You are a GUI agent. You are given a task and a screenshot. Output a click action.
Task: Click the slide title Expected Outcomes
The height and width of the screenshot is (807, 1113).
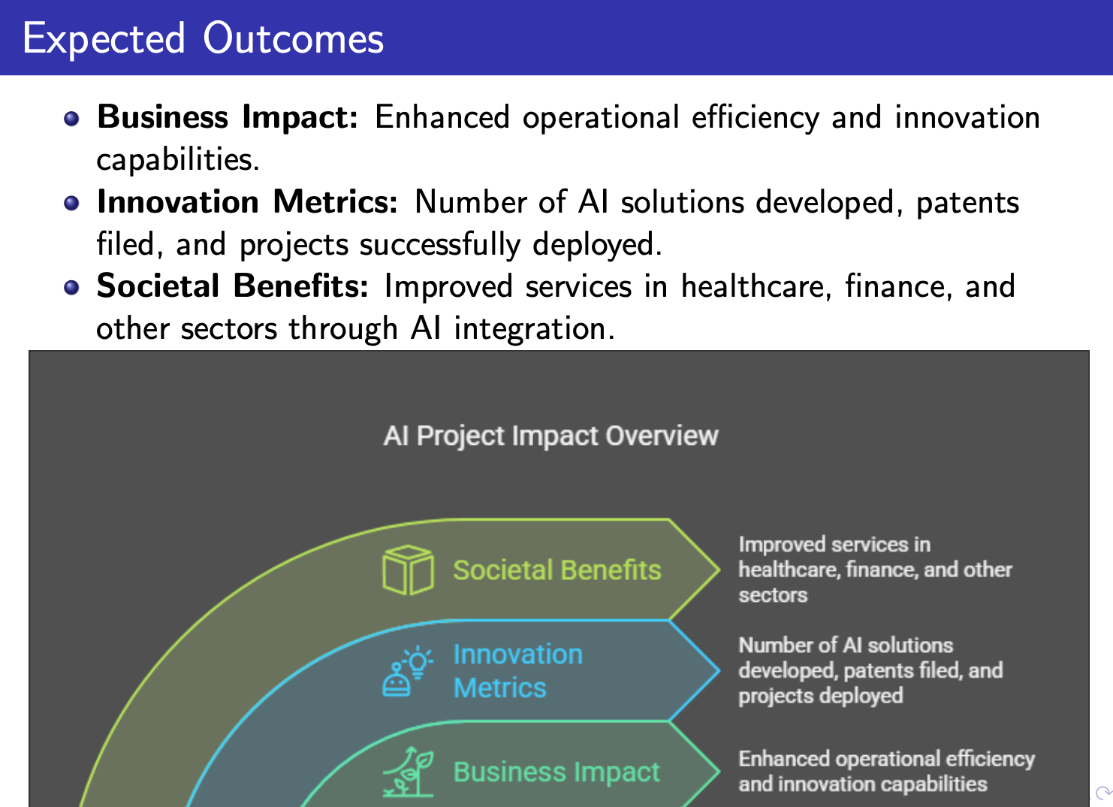coord(204,39)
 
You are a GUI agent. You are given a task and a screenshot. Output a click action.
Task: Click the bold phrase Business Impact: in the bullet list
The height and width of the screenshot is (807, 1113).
coord(228,117)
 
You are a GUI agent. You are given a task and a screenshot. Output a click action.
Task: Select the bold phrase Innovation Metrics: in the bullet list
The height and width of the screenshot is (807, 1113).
coord(247,202)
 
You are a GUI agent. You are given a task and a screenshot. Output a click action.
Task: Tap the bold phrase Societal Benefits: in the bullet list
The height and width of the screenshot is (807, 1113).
coord(233,286)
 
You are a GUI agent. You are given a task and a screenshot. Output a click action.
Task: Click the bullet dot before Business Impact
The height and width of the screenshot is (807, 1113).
coord(71,119)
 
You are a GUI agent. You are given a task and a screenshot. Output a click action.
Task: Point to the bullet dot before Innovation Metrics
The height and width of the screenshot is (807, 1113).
coord(71,204)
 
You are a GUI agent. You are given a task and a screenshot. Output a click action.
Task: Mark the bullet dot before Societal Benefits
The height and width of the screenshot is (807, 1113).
coord(71,287)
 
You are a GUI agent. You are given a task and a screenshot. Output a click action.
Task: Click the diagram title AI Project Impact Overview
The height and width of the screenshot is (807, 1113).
coord(551,436)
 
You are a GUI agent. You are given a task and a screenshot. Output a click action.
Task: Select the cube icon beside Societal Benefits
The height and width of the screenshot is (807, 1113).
coord(408,570)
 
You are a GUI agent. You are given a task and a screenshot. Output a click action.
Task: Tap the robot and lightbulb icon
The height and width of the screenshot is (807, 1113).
coord(408,671)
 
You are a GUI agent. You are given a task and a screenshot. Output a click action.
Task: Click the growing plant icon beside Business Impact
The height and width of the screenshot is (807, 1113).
coord(408,771)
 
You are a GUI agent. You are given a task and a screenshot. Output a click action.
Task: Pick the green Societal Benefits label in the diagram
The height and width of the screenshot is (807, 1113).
coord(557,570)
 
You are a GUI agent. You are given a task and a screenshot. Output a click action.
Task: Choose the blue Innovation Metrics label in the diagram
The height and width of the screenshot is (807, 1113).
coord(517,671)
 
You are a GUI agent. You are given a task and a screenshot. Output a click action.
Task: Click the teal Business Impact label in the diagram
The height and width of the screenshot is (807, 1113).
coord(556,772)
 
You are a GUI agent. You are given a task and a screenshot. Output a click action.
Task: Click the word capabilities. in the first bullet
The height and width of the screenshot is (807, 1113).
coord(178,160)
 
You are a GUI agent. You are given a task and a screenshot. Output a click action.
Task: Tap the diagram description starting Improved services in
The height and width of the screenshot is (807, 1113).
coord(875,570)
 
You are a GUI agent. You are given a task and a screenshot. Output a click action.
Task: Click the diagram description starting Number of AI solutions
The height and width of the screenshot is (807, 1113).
coord(870,671)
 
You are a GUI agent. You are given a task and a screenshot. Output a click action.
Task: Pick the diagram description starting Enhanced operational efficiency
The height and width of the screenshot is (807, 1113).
coord(886,771)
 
